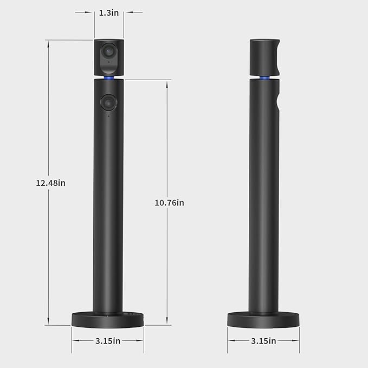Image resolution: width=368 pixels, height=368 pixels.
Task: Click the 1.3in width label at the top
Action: [x=108, y=12]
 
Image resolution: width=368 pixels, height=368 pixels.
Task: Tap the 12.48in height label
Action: [x=50, y=183]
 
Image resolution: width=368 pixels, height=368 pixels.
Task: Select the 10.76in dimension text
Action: [x=169, y=203]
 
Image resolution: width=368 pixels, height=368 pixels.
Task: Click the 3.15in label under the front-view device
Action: [x=108, y=341]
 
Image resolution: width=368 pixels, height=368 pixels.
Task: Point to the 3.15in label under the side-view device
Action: [x=264, y=341]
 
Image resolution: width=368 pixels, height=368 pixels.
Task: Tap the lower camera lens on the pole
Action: [x=108, y=101]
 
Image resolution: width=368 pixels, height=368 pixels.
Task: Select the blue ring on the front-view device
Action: [x=108, y=78]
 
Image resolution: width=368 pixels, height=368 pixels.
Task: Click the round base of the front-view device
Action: [x=108, y=319]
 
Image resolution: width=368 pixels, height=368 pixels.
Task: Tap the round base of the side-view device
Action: [x=263, y=319]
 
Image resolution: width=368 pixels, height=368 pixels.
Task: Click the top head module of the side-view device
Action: [x=264, y=56]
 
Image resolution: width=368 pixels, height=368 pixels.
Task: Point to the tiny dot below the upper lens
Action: [x=108, y=62]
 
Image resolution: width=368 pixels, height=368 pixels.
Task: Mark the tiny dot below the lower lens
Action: [x=108, y=115]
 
